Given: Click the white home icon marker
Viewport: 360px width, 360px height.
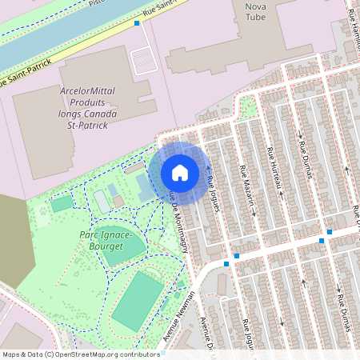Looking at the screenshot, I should pyautogui.click(x=179, y=172).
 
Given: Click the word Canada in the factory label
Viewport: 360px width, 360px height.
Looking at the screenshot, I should pyautogui.click(x=101, y=114).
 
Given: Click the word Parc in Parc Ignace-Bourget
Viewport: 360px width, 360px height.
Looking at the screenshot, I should pyautogui.click(x=91, y=235).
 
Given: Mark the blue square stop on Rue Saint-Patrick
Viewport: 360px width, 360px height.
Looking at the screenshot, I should pyautogui.click(x=137, y=23).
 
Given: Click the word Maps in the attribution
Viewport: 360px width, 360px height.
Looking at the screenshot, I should pyautogui.click(x=10, y=354).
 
